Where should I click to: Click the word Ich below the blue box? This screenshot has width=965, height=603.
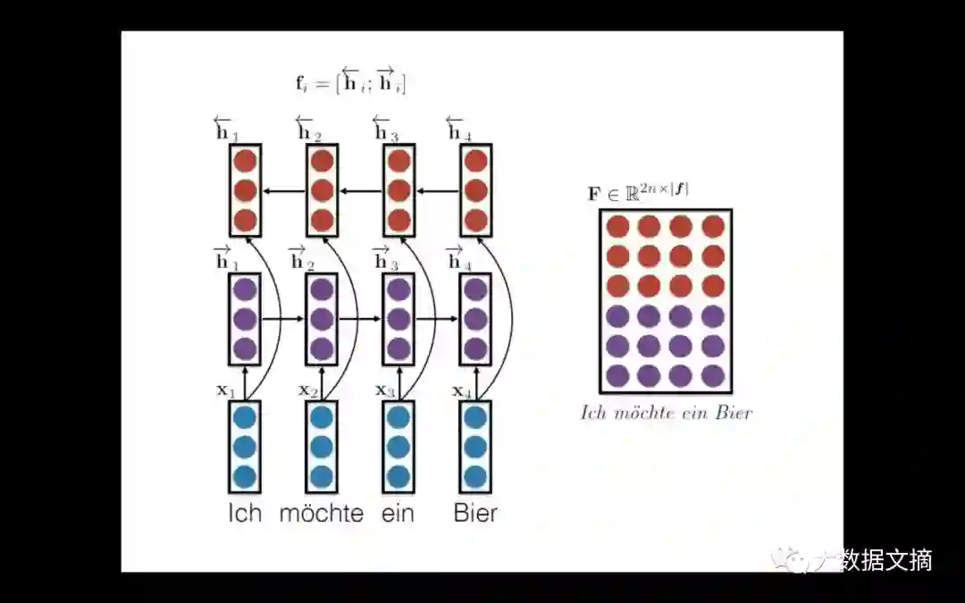coord(244,514)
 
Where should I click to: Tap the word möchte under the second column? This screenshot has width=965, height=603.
coord(322,514)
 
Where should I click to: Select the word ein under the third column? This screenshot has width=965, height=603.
coord(398,514)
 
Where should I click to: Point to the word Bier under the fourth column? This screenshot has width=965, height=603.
coord(475,514)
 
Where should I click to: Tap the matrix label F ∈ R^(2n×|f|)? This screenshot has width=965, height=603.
coord(638,192)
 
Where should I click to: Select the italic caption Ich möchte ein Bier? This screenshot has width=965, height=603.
coord(666,413)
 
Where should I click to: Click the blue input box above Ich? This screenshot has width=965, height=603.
coord(244,447)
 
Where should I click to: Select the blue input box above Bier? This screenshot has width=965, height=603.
coord(475,447)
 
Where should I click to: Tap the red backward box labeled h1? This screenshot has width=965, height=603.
coord(244,190)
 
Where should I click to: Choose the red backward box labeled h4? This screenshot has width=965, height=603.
coord(475,190)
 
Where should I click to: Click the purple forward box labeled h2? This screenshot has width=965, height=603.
coord(322,319)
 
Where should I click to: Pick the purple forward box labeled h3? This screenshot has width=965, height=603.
coord(399,319)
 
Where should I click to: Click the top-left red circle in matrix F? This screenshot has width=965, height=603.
coord(617,227)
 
